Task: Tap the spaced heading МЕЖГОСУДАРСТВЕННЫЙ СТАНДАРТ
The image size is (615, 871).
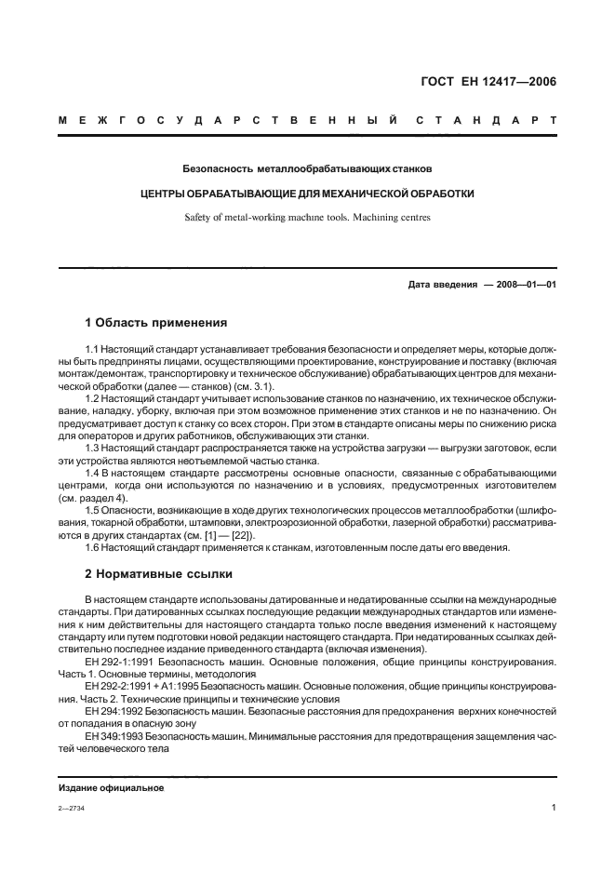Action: pos(307,121)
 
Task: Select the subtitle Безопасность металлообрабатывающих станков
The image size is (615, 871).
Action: pos(307,169)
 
